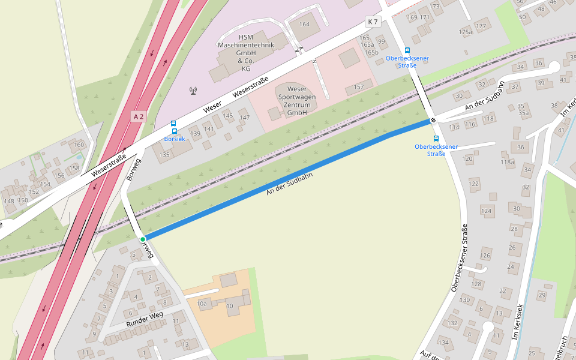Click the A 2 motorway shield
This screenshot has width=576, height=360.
click(x=139, y=116)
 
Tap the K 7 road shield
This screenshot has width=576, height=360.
click(x=373, y=22)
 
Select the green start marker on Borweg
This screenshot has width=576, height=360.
click(x=143, y=239)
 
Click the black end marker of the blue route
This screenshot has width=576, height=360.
click(x=433, y=120)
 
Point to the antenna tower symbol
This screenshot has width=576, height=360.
click(x=193, y=91)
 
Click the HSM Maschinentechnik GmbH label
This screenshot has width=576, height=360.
click(x=245, y=53)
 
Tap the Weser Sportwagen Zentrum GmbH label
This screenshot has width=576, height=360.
click(x=297, y=101)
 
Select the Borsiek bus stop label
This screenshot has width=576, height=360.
click(x=175, y=139)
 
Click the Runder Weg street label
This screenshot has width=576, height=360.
click(x=144, y=320)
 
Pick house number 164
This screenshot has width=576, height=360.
click(x=304, y=24)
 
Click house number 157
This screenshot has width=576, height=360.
click(x=359, y=87)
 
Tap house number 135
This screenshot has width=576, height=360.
click(x=164, y=155)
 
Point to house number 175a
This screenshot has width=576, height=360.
click(x=465, y=32)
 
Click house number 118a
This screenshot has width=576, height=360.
click(x=508, y=162)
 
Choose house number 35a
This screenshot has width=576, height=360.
click(x=524, y=113)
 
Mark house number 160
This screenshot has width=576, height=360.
click(x=79, y=145)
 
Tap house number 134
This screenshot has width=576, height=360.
click(x=443, y=343)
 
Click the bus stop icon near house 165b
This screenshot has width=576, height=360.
click(x=407, y=51)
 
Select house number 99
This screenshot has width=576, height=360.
click(x=381, y=41)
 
